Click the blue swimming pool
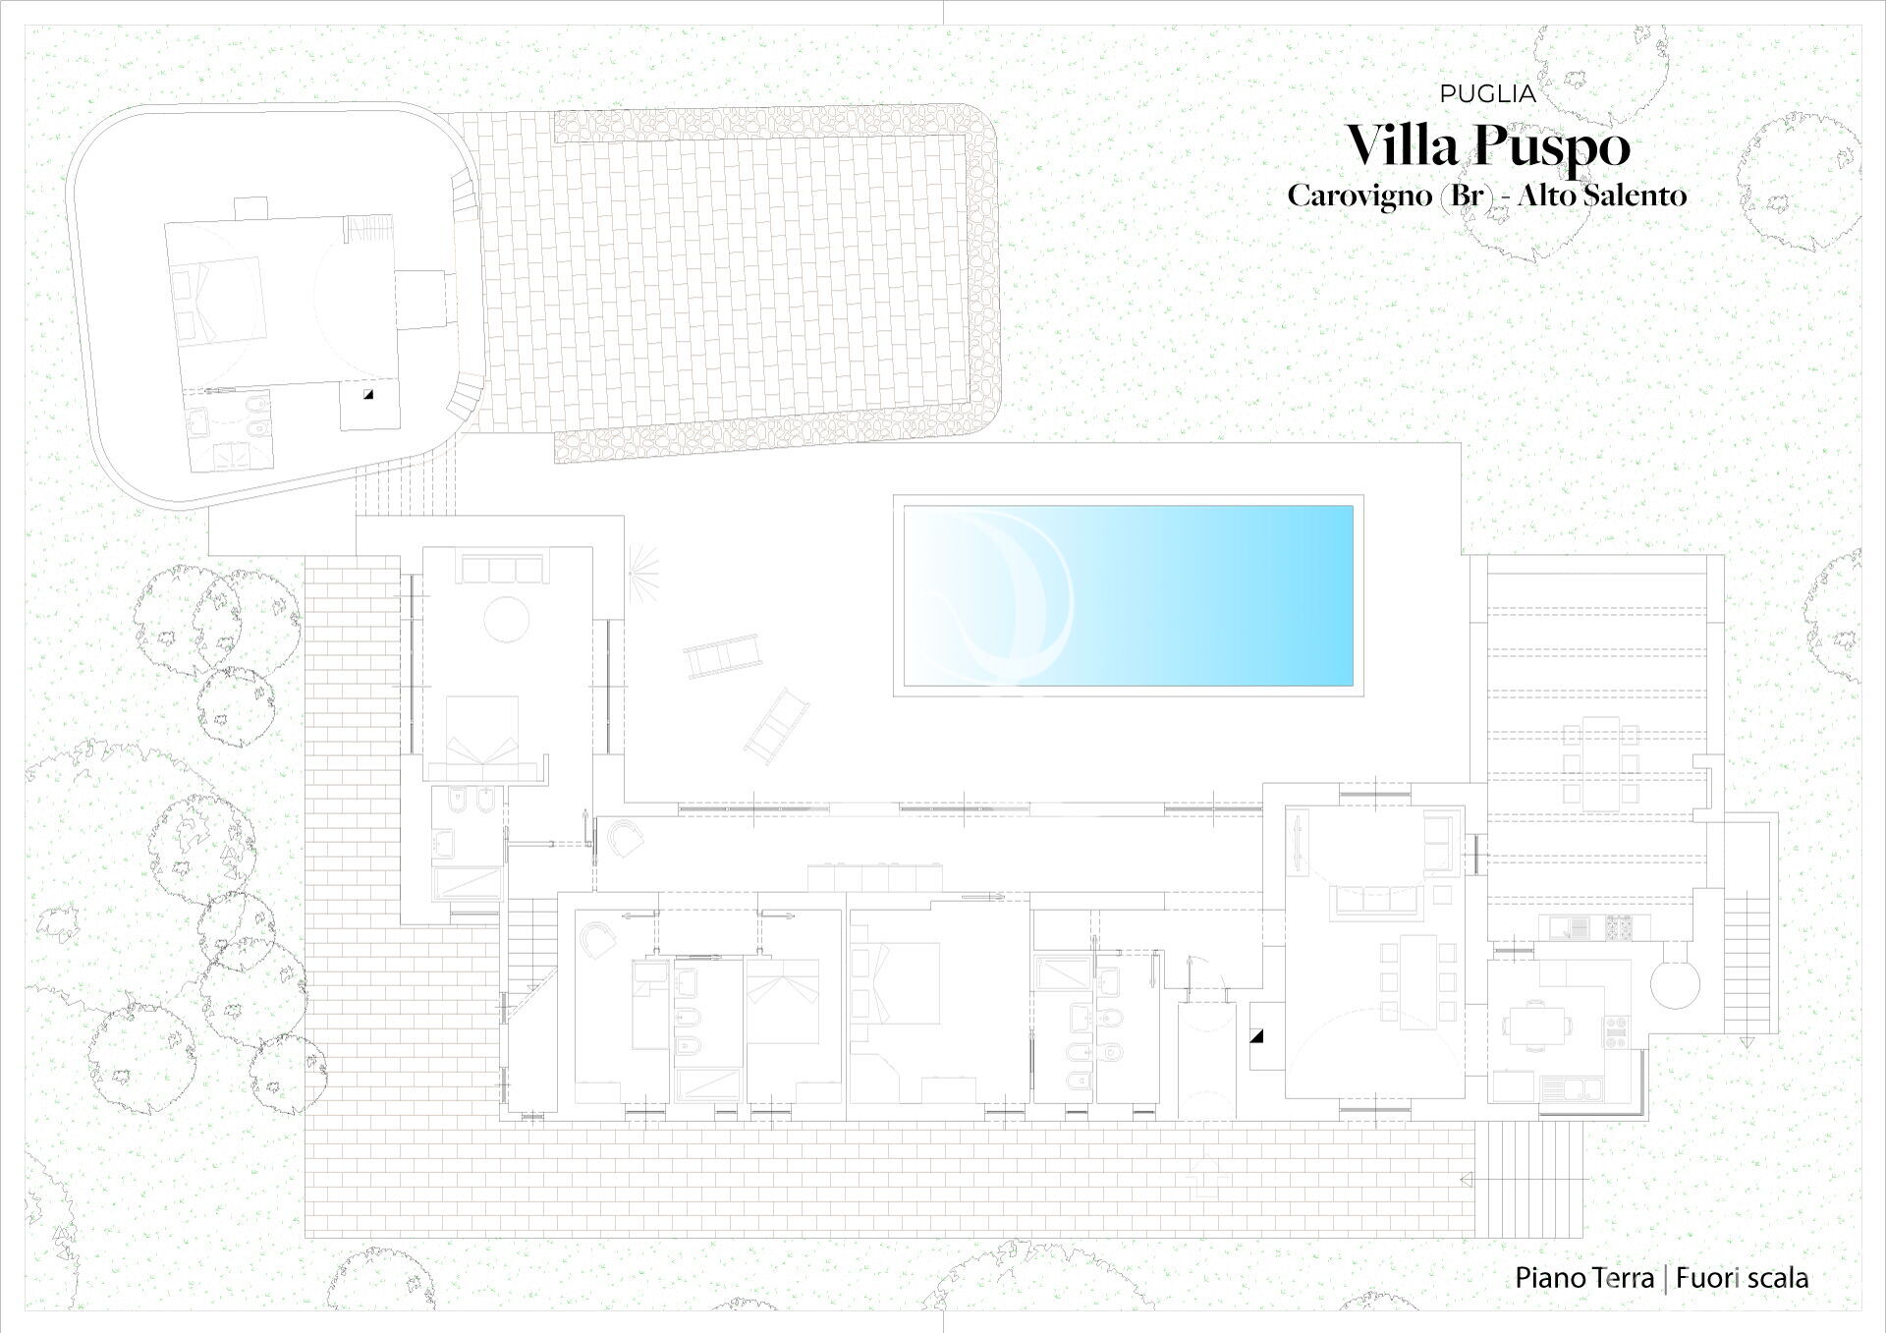click(1128, 595)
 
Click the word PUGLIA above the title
click(1487, 94)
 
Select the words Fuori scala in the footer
click(1743, 1278)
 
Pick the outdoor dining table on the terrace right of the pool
click(1600, 762)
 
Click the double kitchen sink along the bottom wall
click(1572, 1086)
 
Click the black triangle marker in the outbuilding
click(368, 394)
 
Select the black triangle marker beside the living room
click(1256, 1036)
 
